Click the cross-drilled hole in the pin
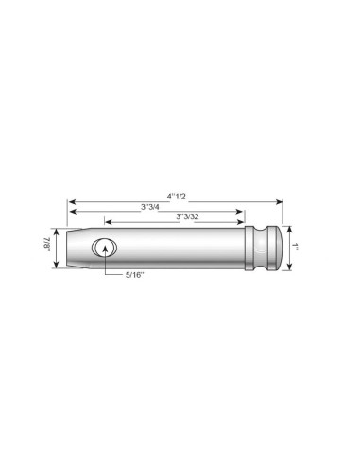coord(104,248)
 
